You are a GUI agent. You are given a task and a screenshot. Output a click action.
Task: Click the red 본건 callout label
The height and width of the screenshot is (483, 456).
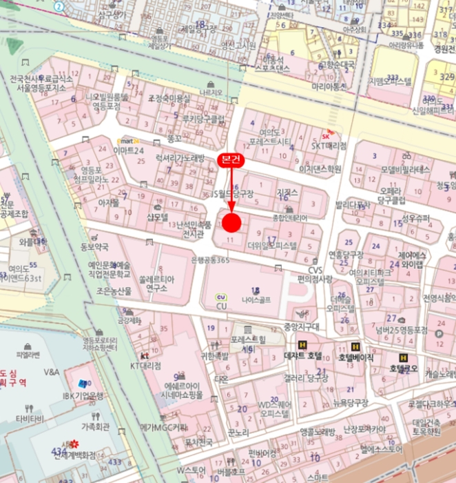[x=231, y=159]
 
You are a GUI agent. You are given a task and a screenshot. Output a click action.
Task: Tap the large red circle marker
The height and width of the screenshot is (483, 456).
[x=231, y=223]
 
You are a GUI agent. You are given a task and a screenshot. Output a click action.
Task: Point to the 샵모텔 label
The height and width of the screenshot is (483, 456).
[x=157, y=217]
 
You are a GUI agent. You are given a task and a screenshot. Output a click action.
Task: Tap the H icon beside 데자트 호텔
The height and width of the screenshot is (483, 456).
[x=302, y=345]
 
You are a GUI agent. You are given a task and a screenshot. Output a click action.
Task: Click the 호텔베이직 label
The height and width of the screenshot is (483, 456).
[x=355, y=357]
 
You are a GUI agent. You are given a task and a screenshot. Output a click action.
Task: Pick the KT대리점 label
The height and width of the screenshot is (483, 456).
[x=145, y=366]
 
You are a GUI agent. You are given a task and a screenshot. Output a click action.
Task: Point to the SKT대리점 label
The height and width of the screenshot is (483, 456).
[x=329, y=146]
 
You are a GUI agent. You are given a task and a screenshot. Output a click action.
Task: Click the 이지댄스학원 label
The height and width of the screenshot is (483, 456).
[x=320, y=168]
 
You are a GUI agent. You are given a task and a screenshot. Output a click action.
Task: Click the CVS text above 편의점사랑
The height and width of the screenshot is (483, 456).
[x=315, y=270]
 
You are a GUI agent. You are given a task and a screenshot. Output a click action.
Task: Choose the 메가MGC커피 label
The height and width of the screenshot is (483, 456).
[x=164, y=428]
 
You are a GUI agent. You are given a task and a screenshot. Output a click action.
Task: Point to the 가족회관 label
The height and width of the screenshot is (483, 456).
[x=95, y=426]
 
